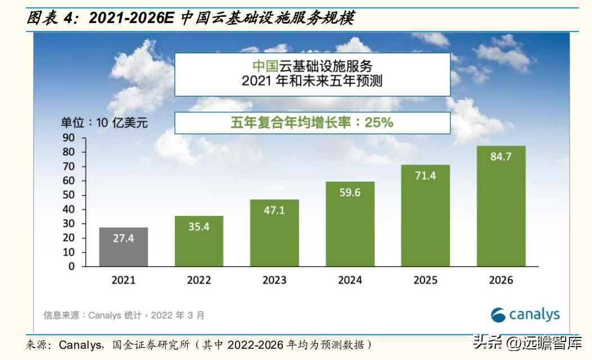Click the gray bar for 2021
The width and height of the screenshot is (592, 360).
click(x=124, y=247)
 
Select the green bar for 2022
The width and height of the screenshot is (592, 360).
click(x=199, y=242)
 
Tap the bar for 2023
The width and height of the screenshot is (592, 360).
click(x=274, y=233)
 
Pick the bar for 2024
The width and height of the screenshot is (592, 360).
click(x=350, y=225)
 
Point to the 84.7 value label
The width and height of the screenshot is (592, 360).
click(x=500, y=157)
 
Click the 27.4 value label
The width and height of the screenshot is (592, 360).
click(x=124, y=238)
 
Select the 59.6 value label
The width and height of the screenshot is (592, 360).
click(x=350, y=192)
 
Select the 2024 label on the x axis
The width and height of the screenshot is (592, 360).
click(x=350, y=280)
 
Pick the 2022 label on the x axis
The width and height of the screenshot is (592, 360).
click(x=199, y=280)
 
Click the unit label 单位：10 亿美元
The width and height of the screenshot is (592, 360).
click(x=104, y=123)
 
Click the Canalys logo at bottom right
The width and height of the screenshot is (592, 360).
click(x=525, y=314)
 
